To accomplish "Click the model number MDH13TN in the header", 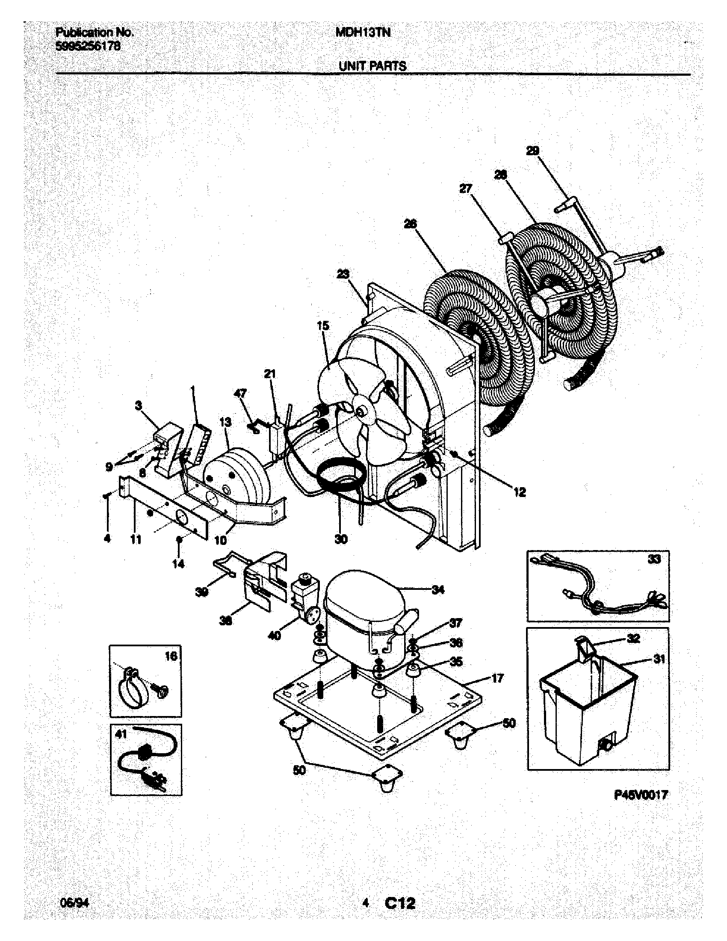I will pos(363,33).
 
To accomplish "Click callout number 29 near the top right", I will pos(532,151).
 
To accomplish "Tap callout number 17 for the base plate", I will pos(497,679).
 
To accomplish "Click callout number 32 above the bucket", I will pos(633,638).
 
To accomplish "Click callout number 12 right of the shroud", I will pos(520,492).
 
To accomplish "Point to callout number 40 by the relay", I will pos(275,635).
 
